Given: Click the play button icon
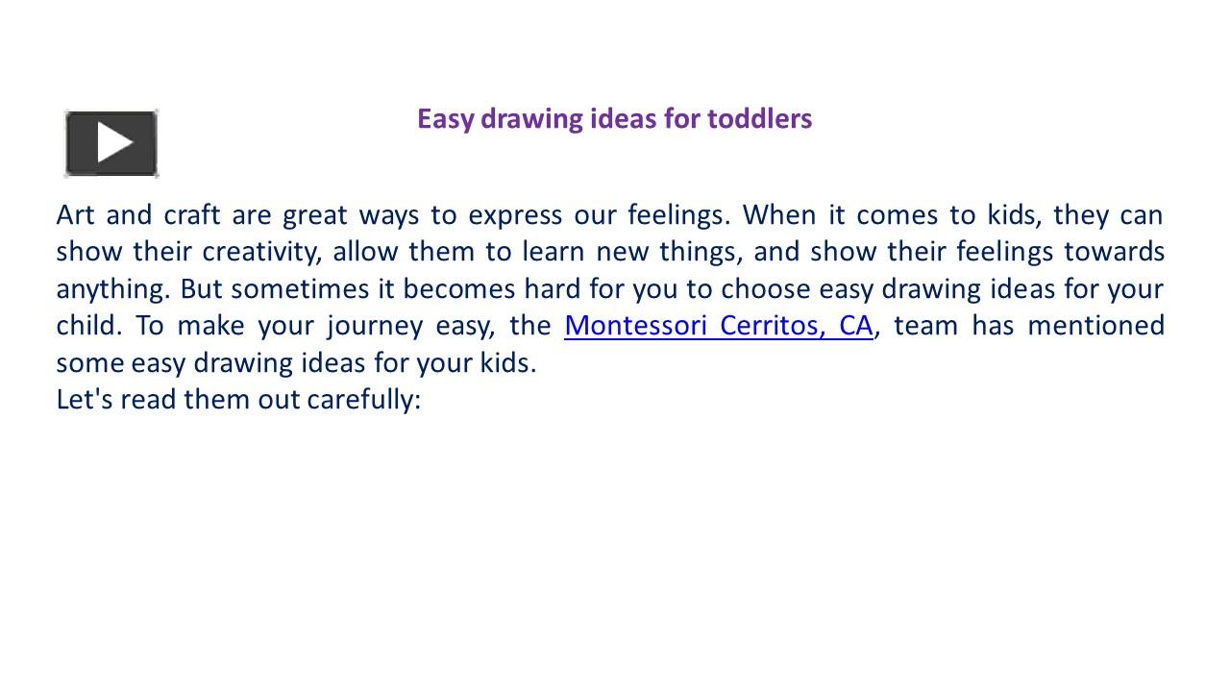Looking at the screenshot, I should (111, 143).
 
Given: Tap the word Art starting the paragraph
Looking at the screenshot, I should (75, 214).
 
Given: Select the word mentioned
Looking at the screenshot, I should (1095, 326).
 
